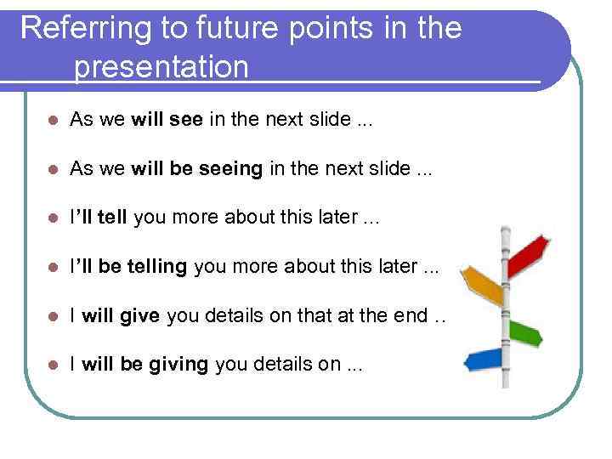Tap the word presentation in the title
pyautogui.click(x=161, y=66)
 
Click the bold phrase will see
pyautogui.click(x=167, y=120)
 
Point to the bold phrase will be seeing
pyautogui.click(x=197, y=169)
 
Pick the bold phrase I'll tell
pyautogui.click(x=98, y=218)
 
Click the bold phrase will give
pyautogui.click(x=121, y=316)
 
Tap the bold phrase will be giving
pyautogui.click(x=145, y=365)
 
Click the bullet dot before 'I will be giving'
pyautogui.click(x=52, y=365)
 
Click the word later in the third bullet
pyautogui.click(x=334, y=218)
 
